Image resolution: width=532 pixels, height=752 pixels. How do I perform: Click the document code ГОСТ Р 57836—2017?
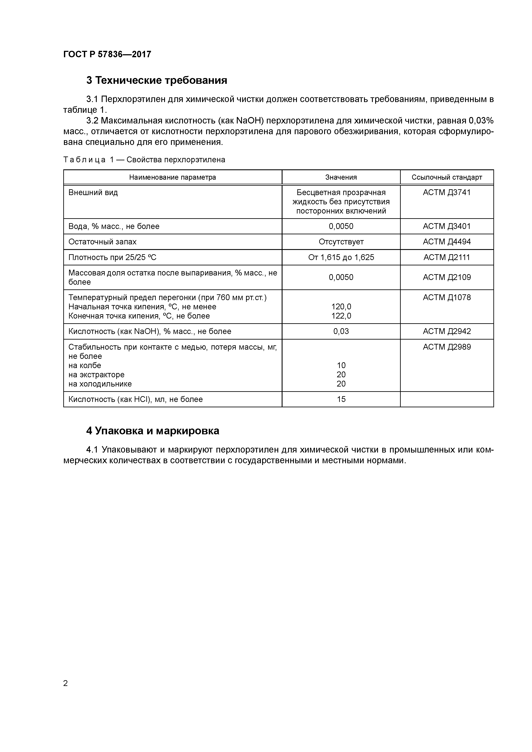tap(107, 54)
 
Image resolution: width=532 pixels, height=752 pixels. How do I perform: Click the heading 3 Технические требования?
tap(157, 80)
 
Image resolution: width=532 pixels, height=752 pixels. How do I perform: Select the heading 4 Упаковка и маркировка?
tap(153, 431)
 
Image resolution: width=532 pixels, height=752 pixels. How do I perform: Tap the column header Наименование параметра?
tap(172, 177)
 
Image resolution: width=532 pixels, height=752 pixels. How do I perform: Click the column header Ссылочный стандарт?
tap(447, 177)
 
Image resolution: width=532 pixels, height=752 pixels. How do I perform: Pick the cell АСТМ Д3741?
tap(447, 192)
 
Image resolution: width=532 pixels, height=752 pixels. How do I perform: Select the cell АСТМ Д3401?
tap(447, 226)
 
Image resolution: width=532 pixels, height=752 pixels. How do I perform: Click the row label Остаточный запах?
tap(102, 242)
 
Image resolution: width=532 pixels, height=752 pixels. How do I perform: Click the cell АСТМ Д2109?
tap(447, 277)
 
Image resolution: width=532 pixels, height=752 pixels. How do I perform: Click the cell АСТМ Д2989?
tap(447, 347)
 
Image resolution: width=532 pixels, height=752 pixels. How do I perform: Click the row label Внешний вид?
tap(93, 192)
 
